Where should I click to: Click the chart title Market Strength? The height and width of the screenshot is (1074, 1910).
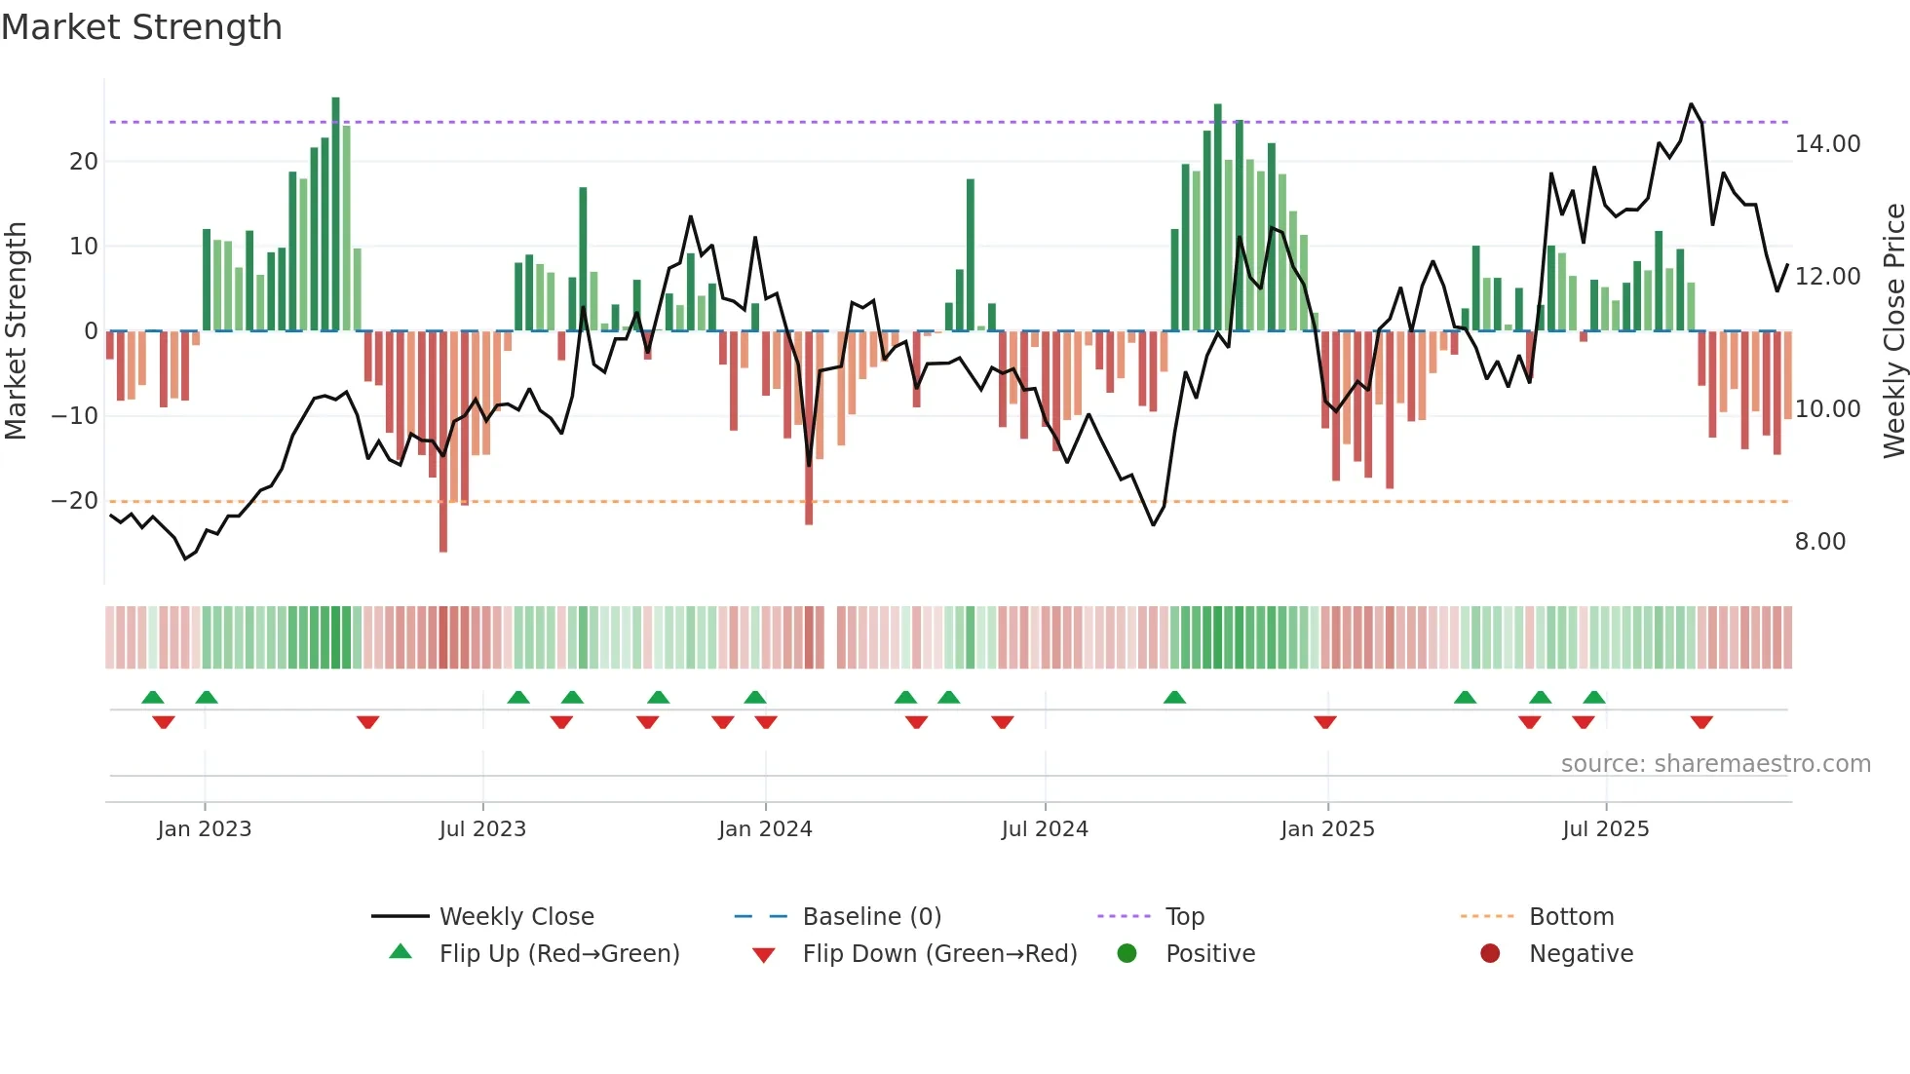[x=141, y=27]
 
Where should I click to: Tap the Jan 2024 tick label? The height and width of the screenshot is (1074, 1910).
[x=765, y=829]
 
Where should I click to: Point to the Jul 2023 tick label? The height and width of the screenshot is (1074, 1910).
[x=482, y=829]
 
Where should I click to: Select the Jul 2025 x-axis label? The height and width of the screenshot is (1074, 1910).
[x=1605, y=829]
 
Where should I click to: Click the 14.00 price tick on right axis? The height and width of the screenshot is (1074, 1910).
[x=1827, y=144]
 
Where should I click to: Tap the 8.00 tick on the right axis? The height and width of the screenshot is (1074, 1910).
[x=1819, y=542]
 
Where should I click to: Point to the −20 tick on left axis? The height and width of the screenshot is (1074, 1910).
[x=74, y=501]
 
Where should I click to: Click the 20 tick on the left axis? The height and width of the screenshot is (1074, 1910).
[x=84, y=162]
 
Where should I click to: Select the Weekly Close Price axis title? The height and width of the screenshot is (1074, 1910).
[x=1893, y=331]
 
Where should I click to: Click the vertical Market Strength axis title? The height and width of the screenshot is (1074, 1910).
[x=16, y=331]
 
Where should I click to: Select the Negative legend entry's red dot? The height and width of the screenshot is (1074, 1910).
[x=1489, y=954]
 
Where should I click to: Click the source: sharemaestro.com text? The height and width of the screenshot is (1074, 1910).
[x=1715, y=764]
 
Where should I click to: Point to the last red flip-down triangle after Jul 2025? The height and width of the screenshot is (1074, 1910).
[x=1701, y=722]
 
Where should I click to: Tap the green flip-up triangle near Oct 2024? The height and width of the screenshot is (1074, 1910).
[x=1174, y=697]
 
